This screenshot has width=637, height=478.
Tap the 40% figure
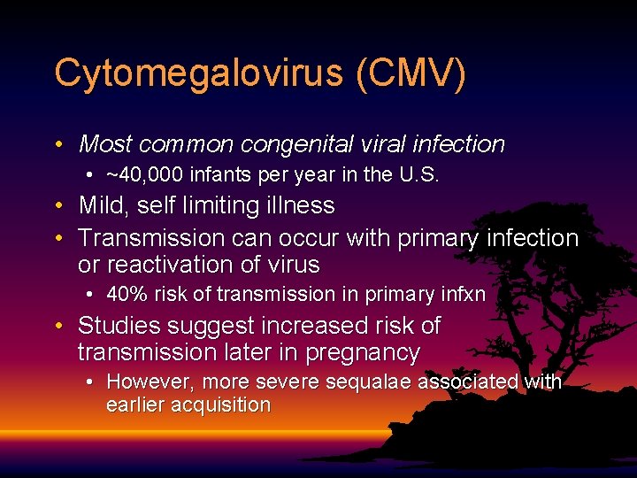coord(125,295)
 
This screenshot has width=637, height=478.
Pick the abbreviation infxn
coord(460,295)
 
